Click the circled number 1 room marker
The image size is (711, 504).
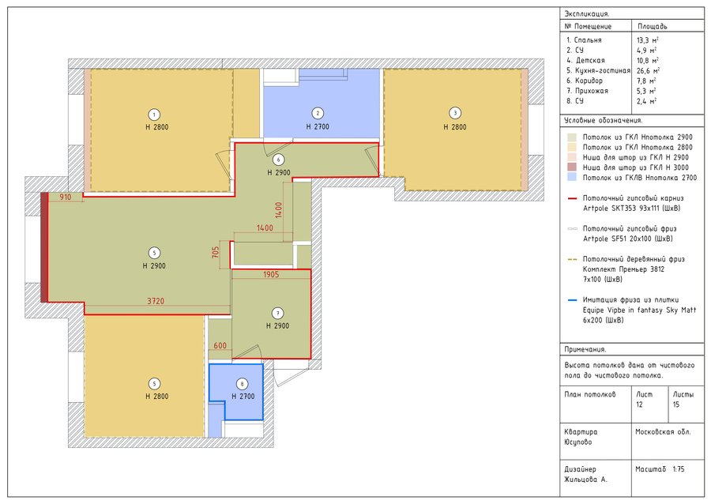pos(155,115)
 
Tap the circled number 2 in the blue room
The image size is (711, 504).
pos(318,113)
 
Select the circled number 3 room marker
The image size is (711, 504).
pos(455,113)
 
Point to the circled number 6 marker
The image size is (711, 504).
pos(278,160)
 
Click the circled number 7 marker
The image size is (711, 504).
pos(277,313)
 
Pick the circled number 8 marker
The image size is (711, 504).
pos(243,384)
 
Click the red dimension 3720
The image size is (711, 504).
pos(156,301)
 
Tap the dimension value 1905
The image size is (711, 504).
pos(271,274)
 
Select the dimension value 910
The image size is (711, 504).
pos(66,197)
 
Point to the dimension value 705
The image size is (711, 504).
pos(216,252)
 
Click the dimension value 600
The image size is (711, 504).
pos(220,346)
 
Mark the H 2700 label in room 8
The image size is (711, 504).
pos(243,396)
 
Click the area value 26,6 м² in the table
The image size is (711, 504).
pos(648,70)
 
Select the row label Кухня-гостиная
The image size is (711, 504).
pos(602,71)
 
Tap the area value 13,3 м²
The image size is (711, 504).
pos(648,39)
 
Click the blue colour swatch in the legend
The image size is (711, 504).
pos(572,178)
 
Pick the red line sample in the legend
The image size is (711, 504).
pos(572,198)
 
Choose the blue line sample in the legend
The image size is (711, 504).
pos(572,300)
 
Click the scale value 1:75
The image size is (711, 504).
pos(679,469)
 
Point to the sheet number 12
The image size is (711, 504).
pos(639,404)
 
